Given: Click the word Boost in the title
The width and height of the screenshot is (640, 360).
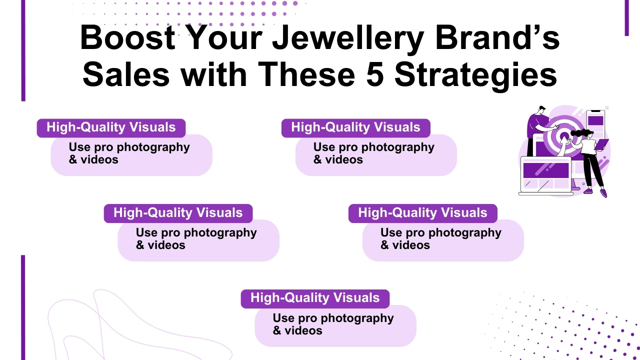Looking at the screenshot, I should pos(127,38).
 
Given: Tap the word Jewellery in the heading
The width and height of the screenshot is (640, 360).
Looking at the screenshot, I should pos(334,38).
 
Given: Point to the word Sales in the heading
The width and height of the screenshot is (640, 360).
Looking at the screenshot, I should pos(126,74).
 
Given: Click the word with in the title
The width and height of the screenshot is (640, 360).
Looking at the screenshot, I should pos(214,74).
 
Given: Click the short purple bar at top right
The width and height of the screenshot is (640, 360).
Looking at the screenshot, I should pos(626,18).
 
